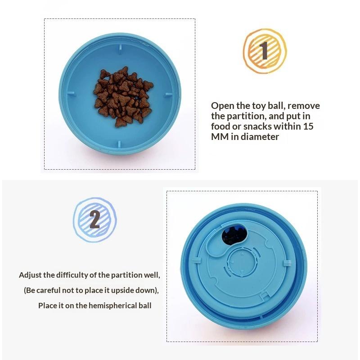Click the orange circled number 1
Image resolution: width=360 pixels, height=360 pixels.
(x=265, y=51)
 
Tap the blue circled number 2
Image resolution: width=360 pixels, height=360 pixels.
(x=95, y=220)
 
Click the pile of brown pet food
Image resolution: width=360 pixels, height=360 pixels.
(x=123, y=97)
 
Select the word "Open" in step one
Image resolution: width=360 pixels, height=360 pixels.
(x=223, y=106)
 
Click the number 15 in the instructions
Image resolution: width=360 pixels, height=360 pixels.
(x=308, y=126)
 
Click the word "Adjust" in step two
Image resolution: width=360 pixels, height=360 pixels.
(x=30, y=275)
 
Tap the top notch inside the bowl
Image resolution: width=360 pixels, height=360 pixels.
(x=120, y=49)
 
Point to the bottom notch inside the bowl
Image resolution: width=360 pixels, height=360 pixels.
(x=119, y=144)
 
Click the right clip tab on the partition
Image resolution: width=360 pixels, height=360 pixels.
(x=287, y=263)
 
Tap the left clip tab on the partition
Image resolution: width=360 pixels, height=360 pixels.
(x=195, y=261)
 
